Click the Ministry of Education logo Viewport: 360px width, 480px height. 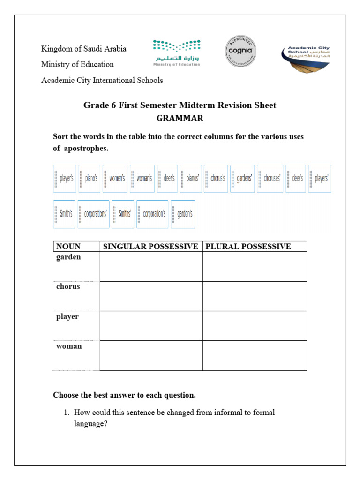pos(176,53)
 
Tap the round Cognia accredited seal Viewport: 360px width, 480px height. pos(240,51)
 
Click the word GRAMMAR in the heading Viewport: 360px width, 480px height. pos(180,119)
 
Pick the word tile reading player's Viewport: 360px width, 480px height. pos(64,179)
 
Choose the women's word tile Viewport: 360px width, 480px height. pos(115,179)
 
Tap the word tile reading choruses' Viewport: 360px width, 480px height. pos(270,179)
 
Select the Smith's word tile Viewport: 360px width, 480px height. pos(64,214)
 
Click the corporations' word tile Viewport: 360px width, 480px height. pos(94,214)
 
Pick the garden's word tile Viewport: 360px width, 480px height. pos(183,214)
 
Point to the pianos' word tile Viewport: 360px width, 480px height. pos(191,179)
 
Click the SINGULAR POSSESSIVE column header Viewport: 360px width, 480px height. pos(150,247)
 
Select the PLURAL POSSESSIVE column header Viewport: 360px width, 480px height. pos(248,247)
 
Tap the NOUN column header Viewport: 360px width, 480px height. pos(68,247)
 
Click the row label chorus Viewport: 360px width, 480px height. pos(68,287)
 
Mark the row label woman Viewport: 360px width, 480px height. pos(69,346)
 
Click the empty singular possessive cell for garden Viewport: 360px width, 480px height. pos(150,266)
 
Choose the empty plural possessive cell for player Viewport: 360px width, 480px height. pos(255,326)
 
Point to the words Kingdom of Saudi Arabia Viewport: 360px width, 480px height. pos(84,49)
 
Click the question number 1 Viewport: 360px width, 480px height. pos(66,413)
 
